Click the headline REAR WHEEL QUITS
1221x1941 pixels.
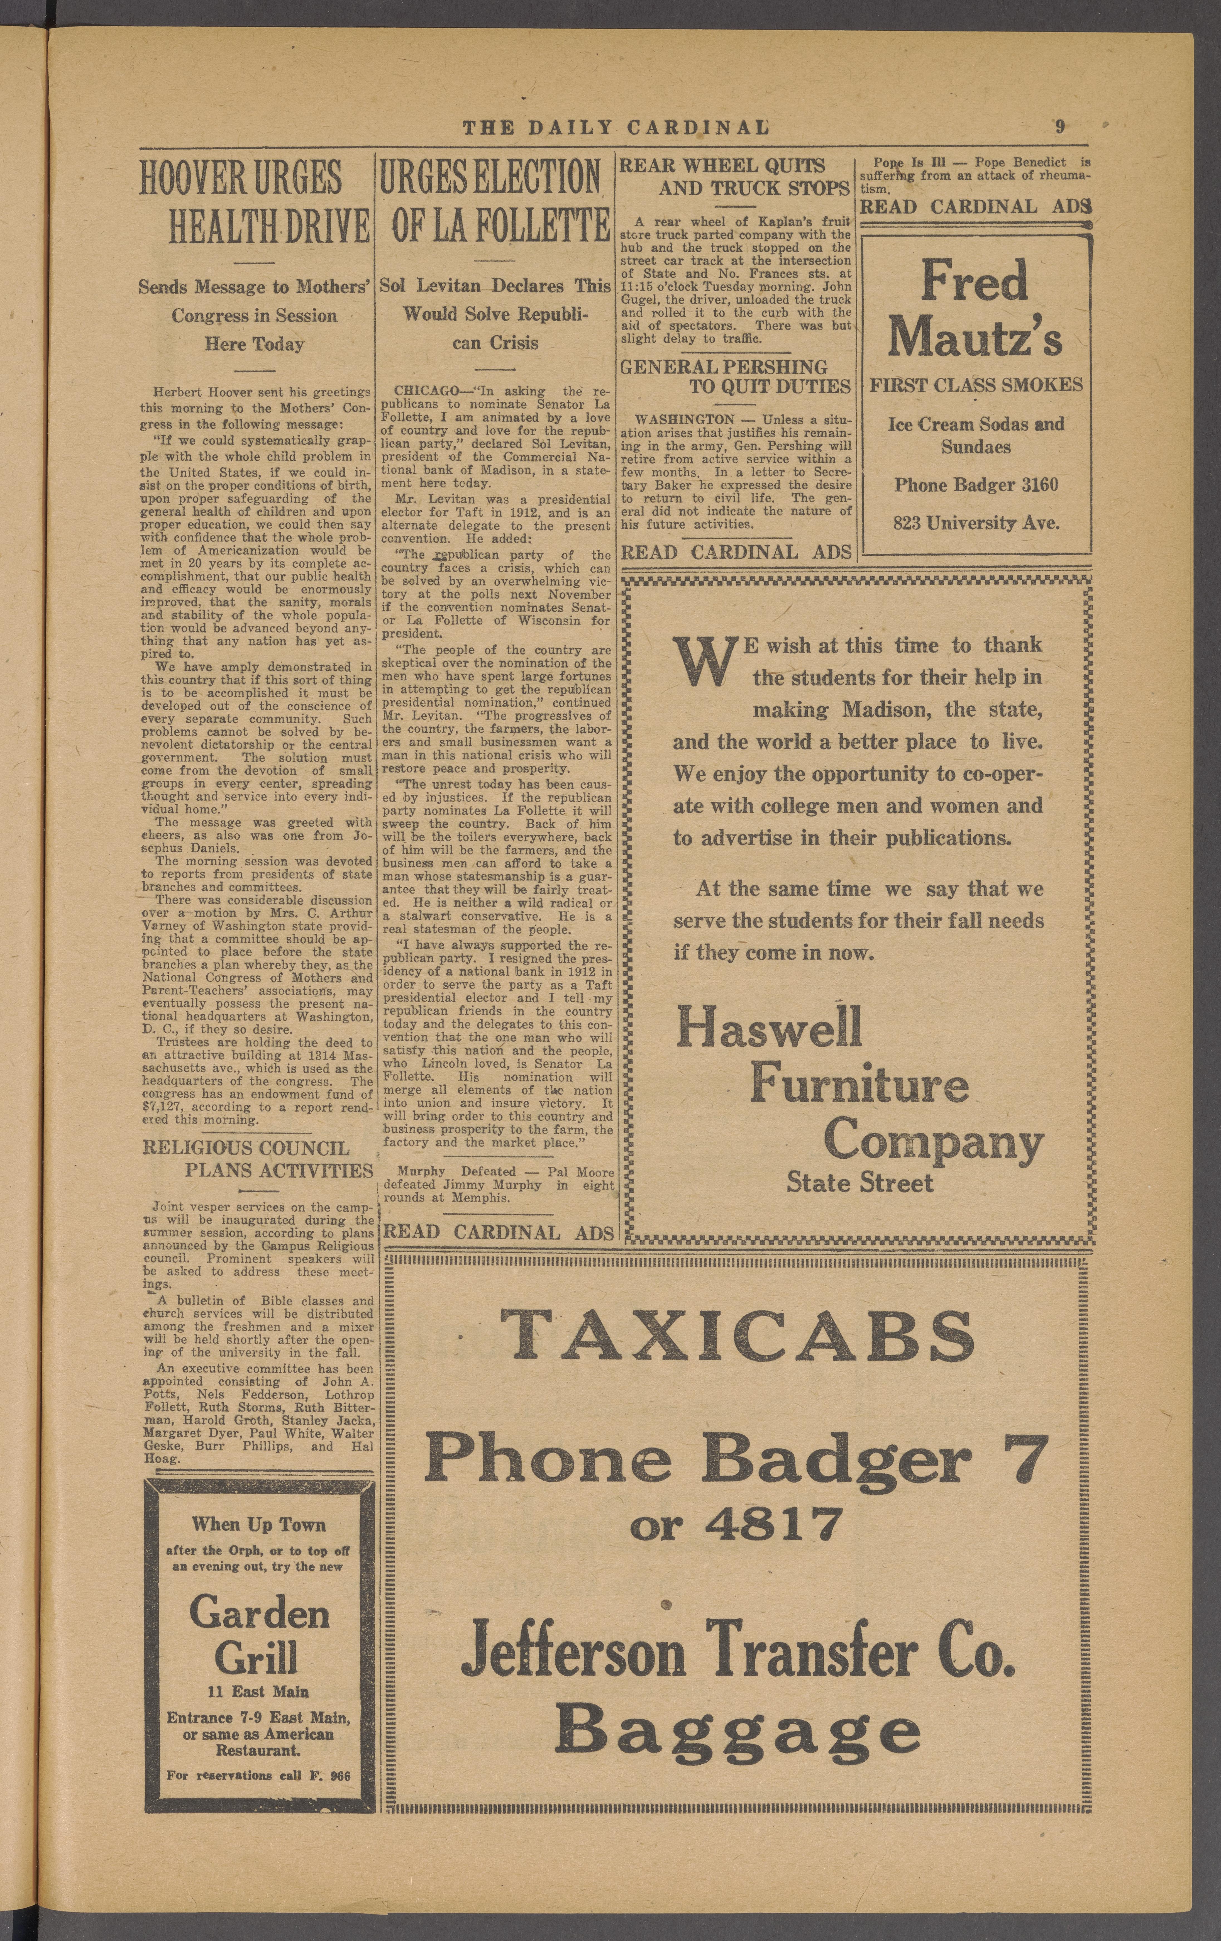pos(722,166)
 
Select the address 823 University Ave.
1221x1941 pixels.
pos(975,522)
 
